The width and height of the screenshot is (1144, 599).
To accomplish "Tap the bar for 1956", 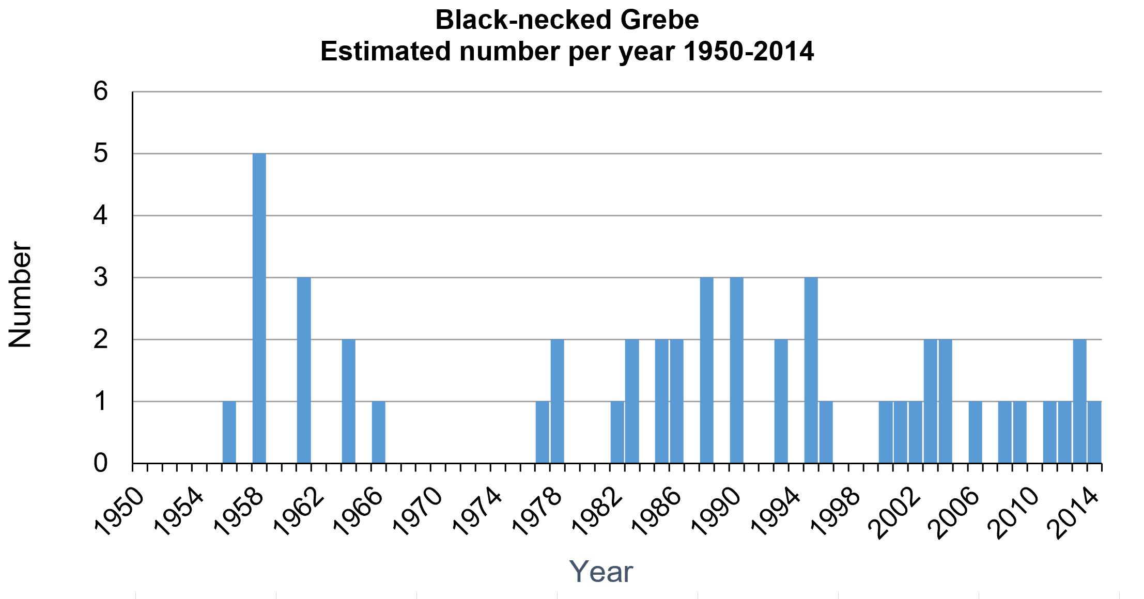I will click(x=229, y=432).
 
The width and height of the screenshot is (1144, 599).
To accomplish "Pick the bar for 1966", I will click(x=379, y=432).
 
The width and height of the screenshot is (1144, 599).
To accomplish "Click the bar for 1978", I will click(x=558, y=401).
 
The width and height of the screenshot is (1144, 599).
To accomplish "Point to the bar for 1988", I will click(x=707, y=370).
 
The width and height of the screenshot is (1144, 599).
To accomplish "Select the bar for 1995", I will click(x=811, y=370).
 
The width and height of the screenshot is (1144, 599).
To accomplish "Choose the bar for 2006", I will click(x=975, y=432).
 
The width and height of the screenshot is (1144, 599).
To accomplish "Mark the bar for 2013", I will click(x=1079, y=401).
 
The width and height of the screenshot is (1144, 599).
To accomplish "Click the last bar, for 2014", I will click(x=1094, y=432).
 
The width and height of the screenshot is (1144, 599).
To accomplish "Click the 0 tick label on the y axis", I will click(x=100, y=464).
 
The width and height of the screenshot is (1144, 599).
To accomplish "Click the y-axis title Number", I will click(x=21, y=294).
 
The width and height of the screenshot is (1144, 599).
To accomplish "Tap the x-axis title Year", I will click(x=601, y=572).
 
